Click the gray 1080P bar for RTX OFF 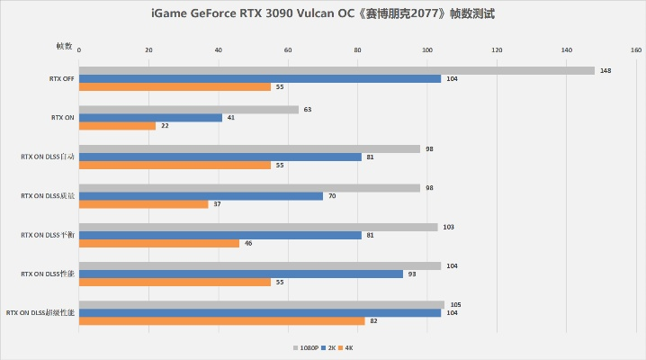tap(336, 70)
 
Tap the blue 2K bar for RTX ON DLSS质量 tap(201, 196)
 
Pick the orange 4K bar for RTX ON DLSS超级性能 tap(221, 321)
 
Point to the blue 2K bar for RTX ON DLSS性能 tap(240, 274)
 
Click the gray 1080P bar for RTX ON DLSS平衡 tap(258, 228)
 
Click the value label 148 tap(606, 70)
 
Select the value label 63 tap(308, 110)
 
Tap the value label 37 tap(217, 204)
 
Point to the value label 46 tap(248, 243)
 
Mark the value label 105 tap(455, 304)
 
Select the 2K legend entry tap(328, 346)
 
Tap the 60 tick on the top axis tap(288, 50)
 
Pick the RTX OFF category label tap(62, 78)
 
